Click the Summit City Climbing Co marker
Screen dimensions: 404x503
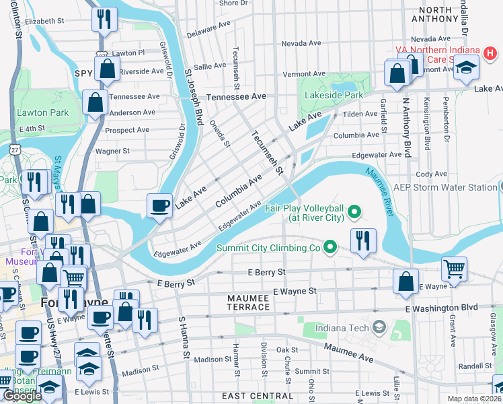[330, 248]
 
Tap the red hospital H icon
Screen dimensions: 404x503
[492, 52]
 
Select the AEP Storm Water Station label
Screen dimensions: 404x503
[444, 187]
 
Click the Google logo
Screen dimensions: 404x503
[22, 396]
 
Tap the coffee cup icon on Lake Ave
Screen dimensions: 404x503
[159, 205]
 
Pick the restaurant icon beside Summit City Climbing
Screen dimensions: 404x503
[363, 242]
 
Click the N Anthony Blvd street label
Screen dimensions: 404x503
[406, 127]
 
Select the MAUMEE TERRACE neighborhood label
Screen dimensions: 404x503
[239, 307]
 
